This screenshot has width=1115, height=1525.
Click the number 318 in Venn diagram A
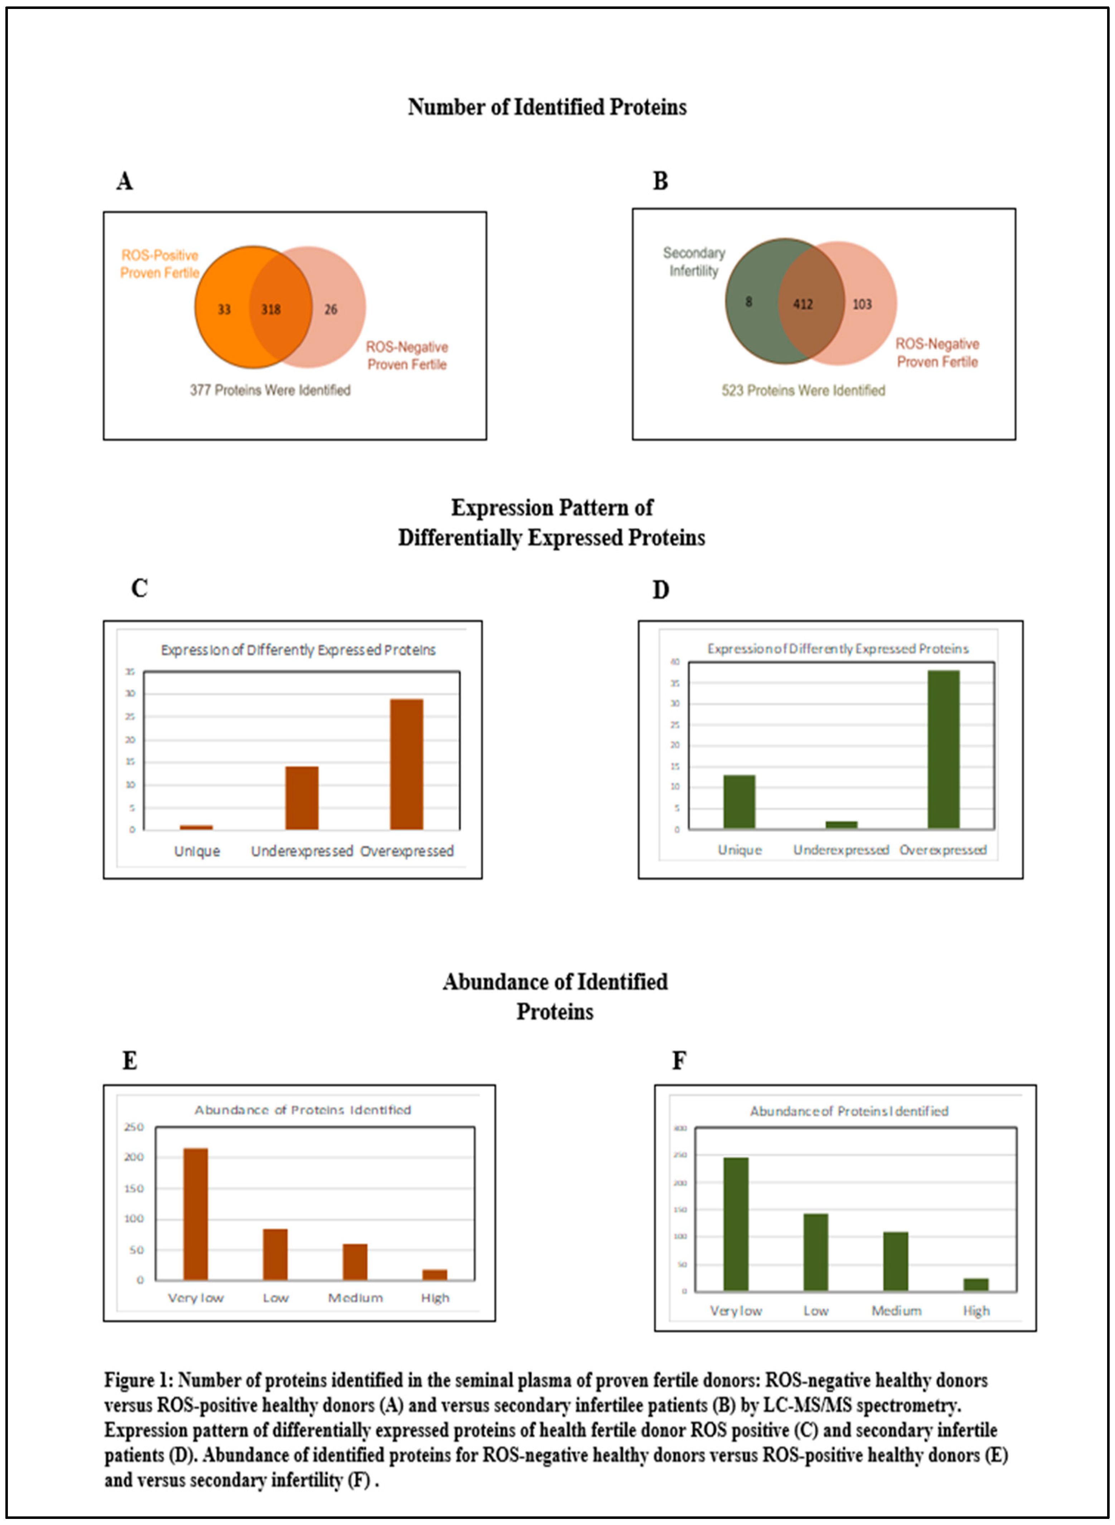point(271,309)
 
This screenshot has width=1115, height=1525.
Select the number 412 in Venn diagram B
point(803,304)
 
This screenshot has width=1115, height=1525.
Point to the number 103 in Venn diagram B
point(862,304)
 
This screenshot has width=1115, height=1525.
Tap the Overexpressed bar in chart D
point(943,749)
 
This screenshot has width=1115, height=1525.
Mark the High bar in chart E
point(435,1274)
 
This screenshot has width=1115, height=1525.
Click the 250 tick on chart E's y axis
point(134,1127)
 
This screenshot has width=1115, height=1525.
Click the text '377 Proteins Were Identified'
point(270,390)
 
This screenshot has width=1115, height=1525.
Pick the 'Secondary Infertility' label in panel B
point(694,261)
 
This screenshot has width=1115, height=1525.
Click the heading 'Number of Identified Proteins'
point(547,107)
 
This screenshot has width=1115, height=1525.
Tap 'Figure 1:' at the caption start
point(139,1380)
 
